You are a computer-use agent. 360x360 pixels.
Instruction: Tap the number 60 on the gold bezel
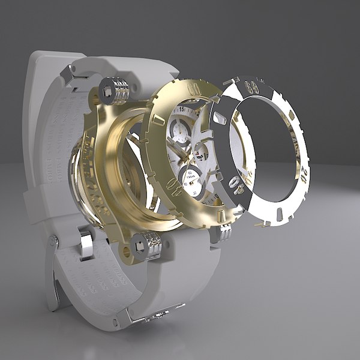click(x=193, y=85)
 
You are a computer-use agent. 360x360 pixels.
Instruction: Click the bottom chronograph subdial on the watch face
click(x=191, y=178)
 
